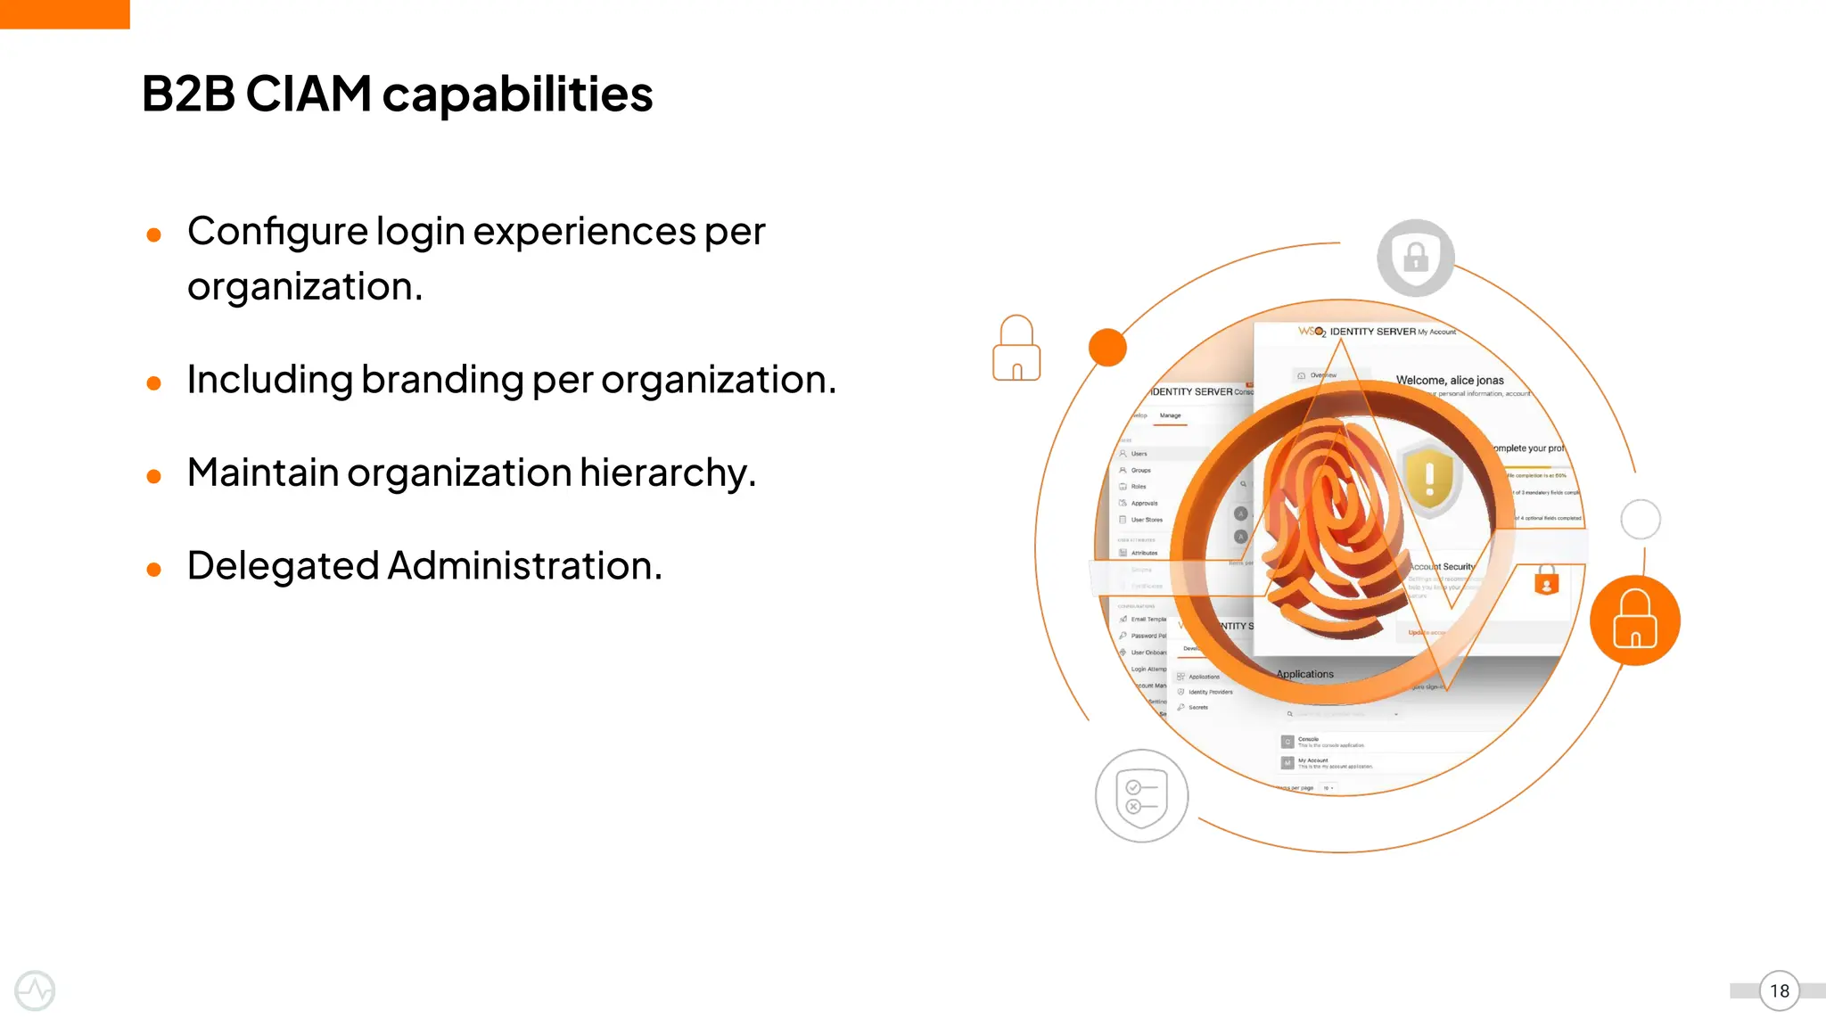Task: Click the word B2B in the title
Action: (187, 94)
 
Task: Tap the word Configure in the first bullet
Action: (277, 232)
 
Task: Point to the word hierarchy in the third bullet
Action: (667, 472)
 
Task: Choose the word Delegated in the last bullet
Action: (283, 566)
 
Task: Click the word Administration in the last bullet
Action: (524, 566)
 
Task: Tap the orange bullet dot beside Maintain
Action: (153, 477)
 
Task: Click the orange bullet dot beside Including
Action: (153, 384)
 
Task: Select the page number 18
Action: (1780, 991)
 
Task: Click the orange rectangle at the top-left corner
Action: (64, 14)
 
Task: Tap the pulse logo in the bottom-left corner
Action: (35, 990)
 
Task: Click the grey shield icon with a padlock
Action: (1416, 258)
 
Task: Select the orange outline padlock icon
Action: (1016, 349)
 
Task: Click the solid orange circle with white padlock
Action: (1635, 620)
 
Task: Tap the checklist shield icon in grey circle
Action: (1141, 796)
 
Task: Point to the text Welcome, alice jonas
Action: (1450, 380)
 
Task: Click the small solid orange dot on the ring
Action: (1107, 348)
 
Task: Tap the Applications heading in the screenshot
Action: (1305, 674)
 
